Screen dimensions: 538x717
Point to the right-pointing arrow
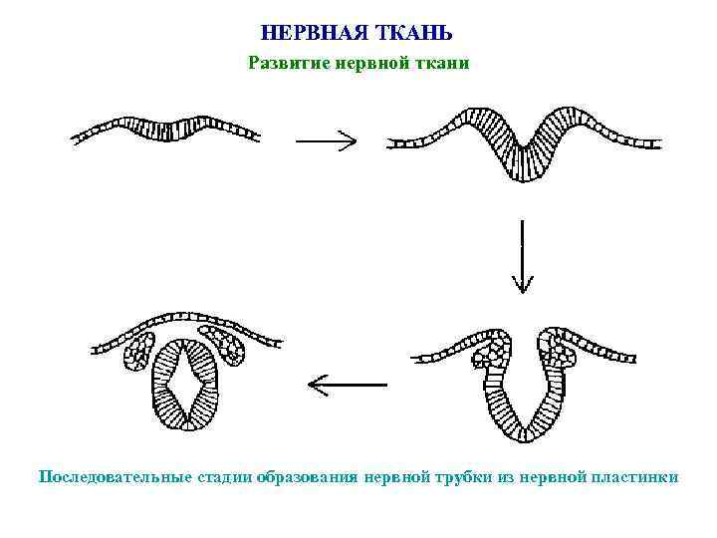click(326, 141)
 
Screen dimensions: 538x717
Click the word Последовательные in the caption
click(113, 476)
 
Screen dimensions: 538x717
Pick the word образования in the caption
click(306, 476)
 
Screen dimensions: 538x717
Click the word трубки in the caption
click(466, 476)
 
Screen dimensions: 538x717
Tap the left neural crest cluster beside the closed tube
click(137, 353)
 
